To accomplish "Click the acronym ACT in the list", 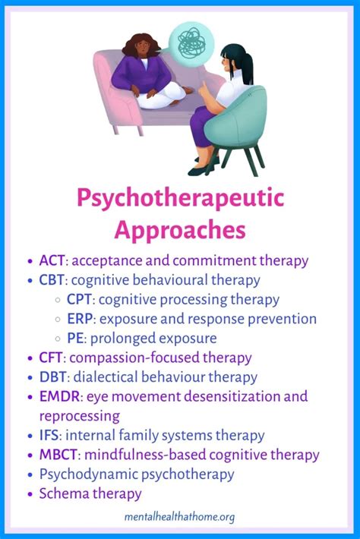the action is pos(52,260).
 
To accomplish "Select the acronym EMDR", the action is pos(59,396).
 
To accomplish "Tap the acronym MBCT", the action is pos(58,455).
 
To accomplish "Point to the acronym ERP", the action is pos(80,319).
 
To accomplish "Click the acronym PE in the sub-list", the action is pos(75,338).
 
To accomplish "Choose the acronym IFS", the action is pos(49,435).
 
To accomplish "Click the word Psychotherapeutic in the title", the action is pos(181,198).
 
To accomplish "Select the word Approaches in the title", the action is pos(180,230).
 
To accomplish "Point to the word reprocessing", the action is pos(80,417).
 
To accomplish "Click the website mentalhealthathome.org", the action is pos(179,517).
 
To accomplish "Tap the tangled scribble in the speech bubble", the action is pos(191,43).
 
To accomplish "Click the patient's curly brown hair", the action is pos(141,46).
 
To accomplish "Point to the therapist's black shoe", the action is pos(200,171).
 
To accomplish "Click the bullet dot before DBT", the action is pos(30,377).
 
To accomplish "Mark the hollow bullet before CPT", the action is pos(58,300).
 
